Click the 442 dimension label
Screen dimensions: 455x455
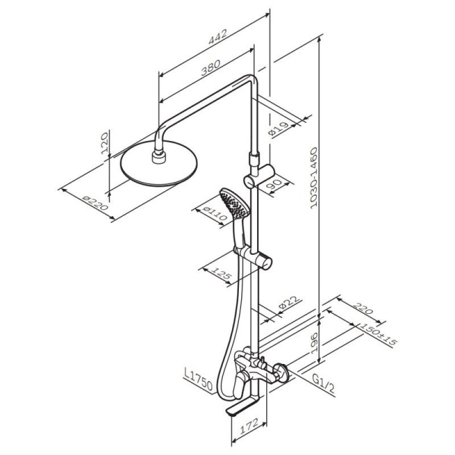point(218,36)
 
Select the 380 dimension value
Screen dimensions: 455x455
point(211,67)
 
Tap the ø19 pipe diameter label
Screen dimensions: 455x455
point(279,129)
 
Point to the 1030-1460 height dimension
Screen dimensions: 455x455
point(314,178)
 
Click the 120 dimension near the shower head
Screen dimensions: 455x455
point(105,143)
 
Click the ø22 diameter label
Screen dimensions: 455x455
point(289,303)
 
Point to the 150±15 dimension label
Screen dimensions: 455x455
point(378,334)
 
